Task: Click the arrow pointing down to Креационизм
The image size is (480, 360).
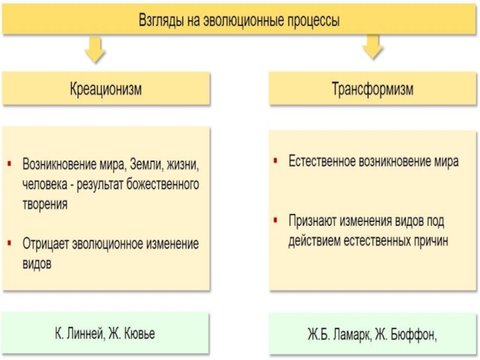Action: click(x=95, y=50)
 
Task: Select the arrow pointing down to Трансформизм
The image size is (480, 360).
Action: click(x=373, y=48)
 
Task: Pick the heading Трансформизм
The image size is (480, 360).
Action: click(x=372, y=89)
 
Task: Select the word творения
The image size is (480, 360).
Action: click(x=45, y=203)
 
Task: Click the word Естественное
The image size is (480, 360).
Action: click(x=322, y=161)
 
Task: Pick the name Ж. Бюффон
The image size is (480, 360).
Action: click(x=409, y=334)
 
